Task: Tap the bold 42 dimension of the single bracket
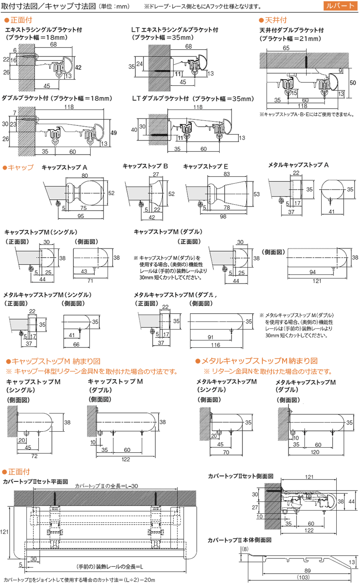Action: click(78, 67)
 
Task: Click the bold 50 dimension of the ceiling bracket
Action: click(353, 83)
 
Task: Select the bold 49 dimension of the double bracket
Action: click(114, 133)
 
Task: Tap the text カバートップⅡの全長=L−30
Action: click(105, 486)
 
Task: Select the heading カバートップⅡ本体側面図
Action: click(240, 540)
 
